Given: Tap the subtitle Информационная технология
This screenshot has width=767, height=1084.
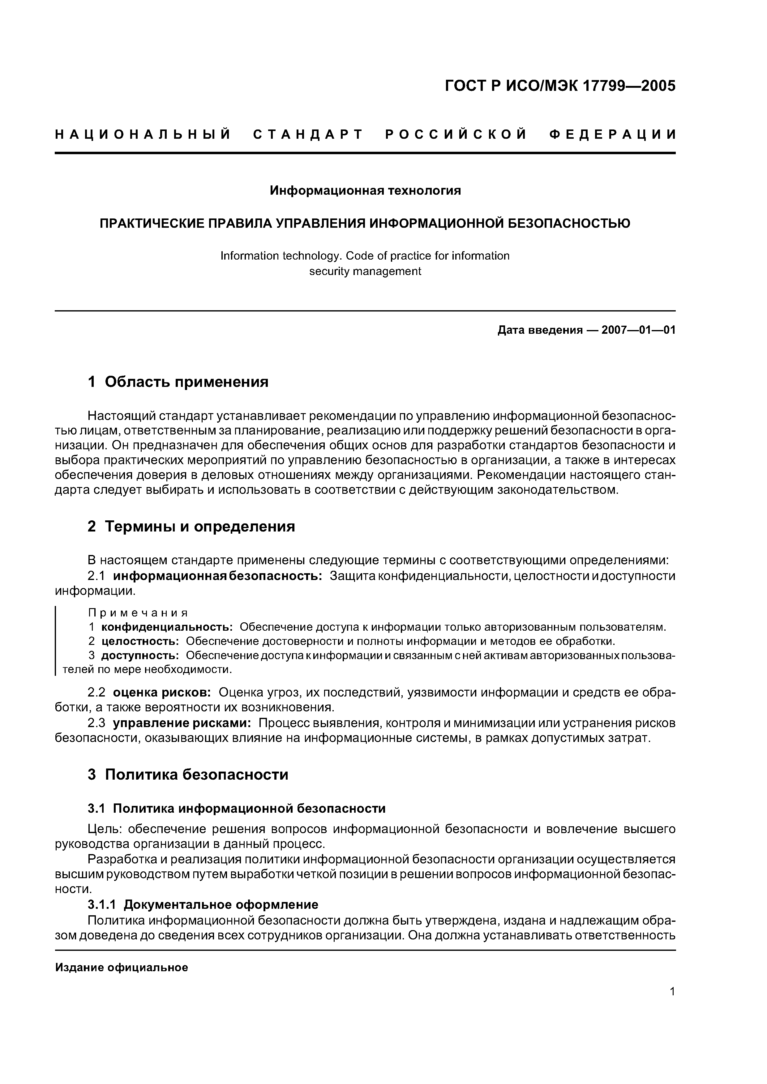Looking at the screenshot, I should point(365,190).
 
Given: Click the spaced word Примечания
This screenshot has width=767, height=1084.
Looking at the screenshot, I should point(138,613).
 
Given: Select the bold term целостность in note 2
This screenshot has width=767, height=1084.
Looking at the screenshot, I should point(140,641).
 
